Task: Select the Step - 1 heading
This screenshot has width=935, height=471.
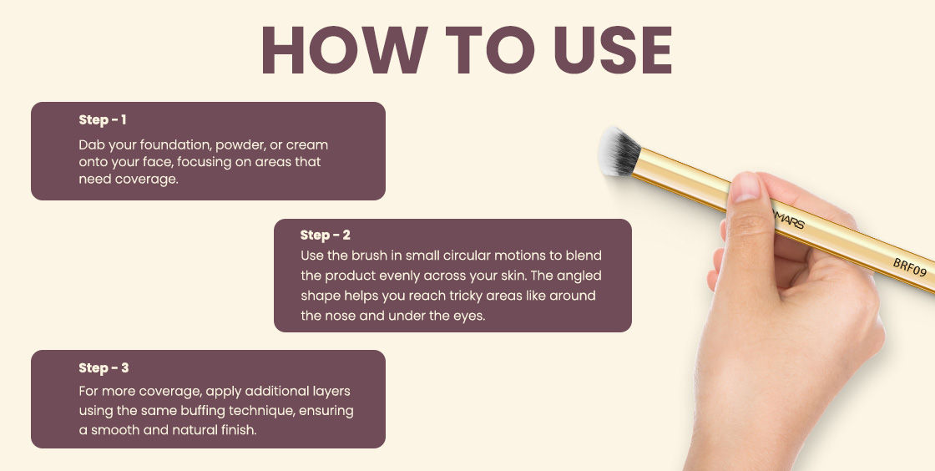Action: point(103,119)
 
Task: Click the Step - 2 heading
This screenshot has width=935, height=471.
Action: point(326,235)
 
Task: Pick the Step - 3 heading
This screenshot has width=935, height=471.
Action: point(104,367)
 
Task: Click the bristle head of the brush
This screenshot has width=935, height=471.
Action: point(619,151)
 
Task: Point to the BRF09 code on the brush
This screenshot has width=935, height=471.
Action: point(909,268)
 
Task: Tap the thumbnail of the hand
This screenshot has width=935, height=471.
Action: point(745,187)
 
